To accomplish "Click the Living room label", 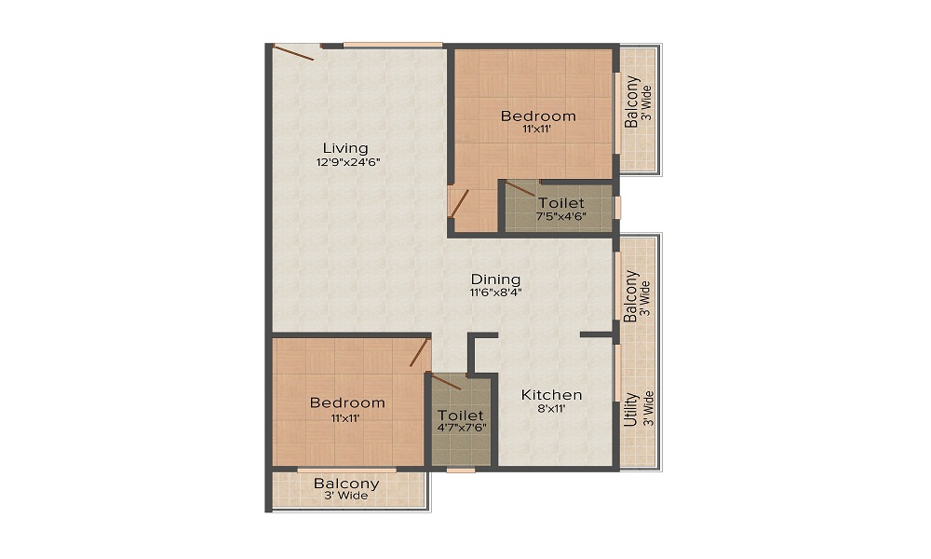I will pyautogui.click(x=345, y=148).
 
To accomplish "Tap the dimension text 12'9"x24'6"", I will pyautogui.click(x=348, y=162).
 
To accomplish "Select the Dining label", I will pyautogui.click(x=495, y=279).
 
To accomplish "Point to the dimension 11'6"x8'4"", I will pyautogui.click(x=495, y=292).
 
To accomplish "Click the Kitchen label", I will pyautogui.click(x=551, y=395).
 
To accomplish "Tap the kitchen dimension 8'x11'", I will pyautogui.click(x=551, y=408).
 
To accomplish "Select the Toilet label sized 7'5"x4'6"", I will pyautogui.click(x=561, y=203).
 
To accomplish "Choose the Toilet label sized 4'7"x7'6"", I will pyautogui.click(x=461, y=415).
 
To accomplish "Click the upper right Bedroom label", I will pyautogui.click(x=538, y=116).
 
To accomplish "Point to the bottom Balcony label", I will pyautogui.click(x=346, y=484).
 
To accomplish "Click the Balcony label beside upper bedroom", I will pyautogui.click(x=632, y=102).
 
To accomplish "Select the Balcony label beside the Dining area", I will pyautogui.click(x=631, y=296).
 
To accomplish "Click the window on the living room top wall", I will pyautogui.click(x=392, y=44).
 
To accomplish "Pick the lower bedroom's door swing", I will pyautogui.click(x=420, y=354).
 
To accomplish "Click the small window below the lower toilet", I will pyautogui.click(x=460, y=470).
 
